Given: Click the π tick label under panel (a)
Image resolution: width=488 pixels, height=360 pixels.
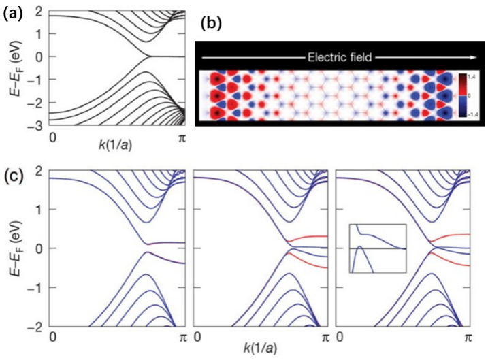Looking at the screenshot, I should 180,139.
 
